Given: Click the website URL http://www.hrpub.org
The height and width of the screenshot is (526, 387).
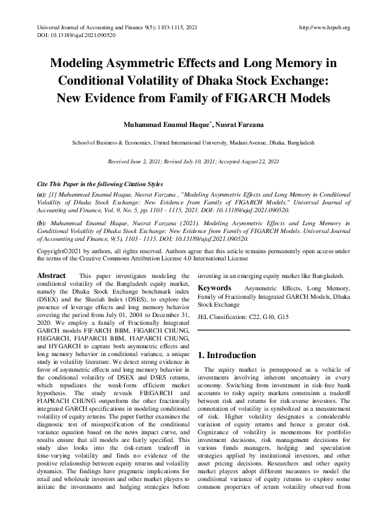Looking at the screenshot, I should point(323,27).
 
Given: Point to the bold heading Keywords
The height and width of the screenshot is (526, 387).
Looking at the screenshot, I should point(215,287).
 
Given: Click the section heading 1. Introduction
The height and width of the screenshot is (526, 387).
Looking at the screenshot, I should point(228,355).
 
